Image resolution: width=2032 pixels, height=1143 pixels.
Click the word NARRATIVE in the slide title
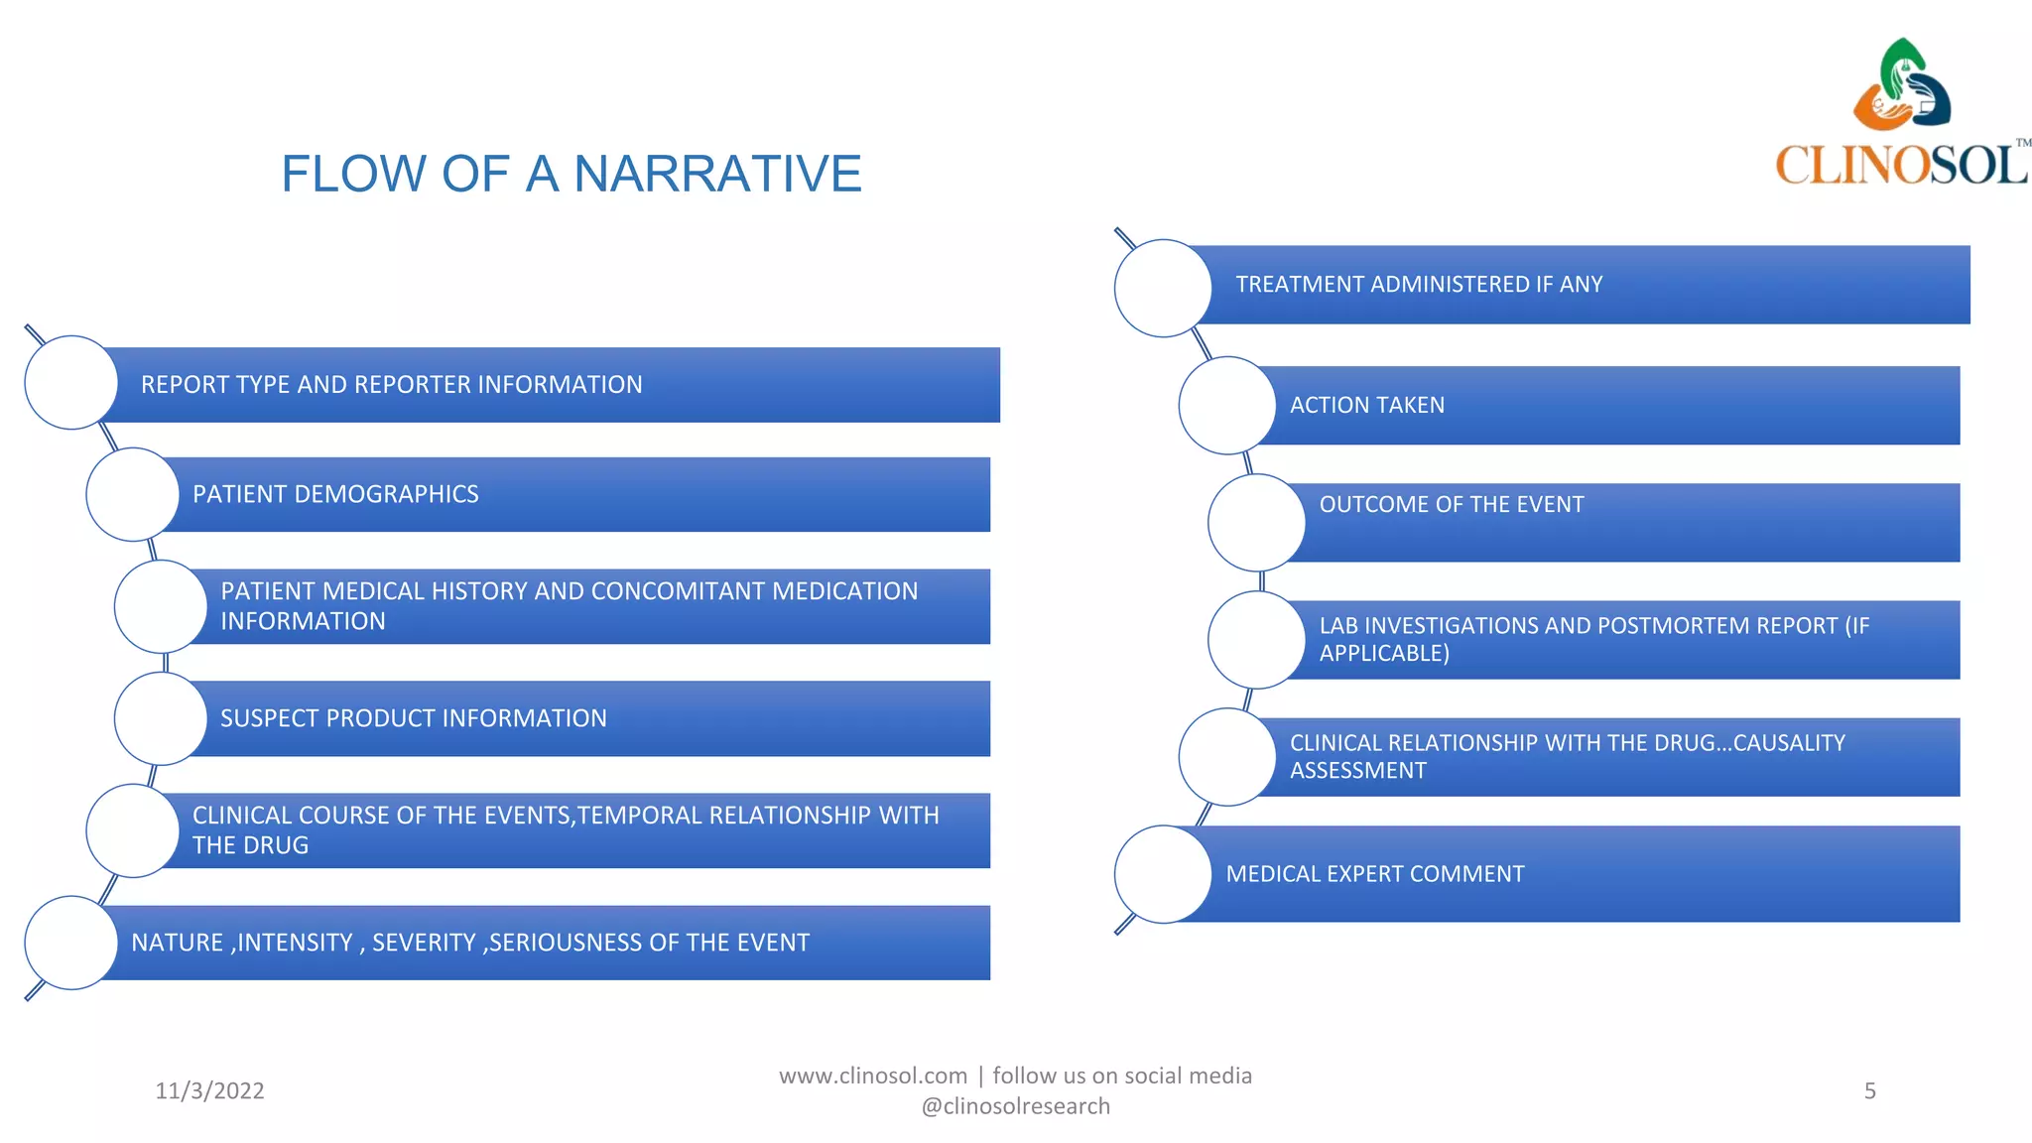(717, 174)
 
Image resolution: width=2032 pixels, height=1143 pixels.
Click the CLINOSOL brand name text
(1900, 165)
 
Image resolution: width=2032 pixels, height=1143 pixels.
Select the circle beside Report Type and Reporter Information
(71, 383)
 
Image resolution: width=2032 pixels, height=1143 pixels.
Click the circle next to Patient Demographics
(133, 494)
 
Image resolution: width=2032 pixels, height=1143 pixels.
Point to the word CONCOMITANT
(680, 591)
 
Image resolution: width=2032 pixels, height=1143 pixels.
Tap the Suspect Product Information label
(413, 718)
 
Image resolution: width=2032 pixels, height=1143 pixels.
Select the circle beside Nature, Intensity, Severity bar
(71, 943)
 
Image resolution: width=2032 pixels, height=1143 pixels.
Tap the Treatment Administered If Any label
(1419, 285)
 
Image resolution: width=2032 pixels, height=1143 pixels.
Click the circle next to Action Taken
(1227, 406)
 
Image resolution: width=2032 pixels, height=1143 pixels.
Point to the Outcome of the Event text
(1451, 505)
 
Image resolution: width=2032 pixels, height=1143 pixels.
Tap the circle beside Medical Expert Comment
(1163, 874)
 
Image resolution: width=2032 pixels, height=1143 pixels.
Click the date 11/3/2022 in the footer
(209, 1091)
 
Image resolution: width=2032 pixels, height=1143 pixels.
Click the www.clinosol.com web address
(872, 1077)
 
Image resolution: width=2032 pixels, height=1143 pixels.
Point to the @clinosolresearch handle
(1015, 1106)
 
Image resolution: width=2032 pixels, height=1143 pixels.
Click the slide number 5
(1869, 1091)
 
